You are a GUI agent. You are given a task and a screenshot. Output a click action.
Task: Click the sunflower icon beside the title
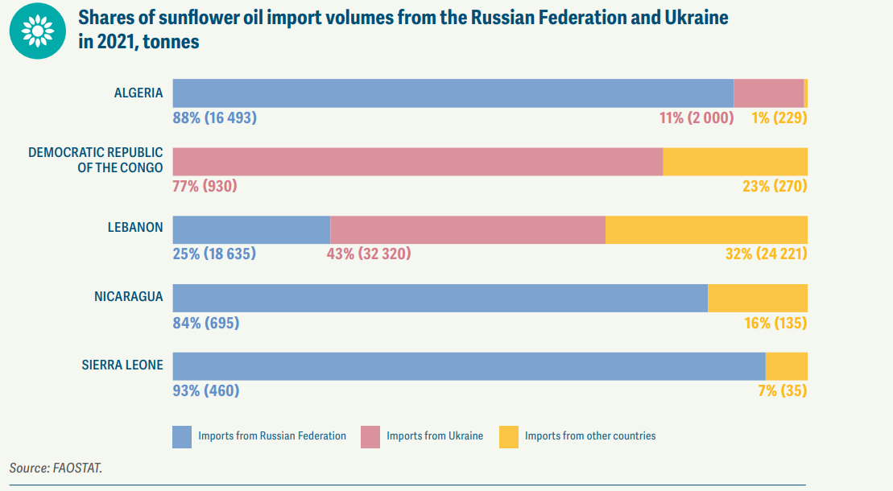point(37,31)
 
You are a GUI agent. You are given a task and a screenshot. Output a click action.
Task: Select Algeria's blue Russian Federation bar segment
point(453,93)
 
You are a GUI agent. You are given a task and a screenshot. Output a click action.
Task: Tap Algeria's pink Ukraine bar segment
point(768,93)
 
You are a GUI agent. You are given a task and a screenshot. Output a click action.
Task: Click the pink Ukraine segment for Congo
point(417,161)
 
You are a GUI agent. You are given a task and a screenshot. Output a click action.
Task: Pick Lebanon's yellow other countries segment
point(706,229)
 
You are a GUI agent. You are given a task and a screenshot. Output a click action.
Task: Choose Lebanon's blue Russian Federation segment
point(251,229)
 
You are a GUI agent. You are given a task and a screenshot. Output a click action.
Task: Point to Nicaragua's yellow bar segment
point(757,298)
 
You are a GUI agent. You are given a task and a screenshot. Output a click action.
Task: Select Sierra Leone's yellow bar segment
point(786,366)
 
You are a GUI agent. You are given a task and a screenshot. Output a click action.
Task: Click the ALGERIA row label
point(138,93)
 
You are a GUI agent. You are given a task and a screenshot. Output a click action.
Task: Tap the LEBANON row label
point(135,228)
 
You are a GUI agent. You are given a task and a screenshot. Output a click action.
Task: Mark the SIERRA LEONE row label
point(122,365)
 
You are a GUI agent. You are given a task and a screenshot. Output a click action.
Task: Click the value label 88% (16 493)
point(214,118)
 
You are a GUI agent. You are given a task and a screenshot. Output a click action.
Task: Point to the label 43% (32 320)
point(368,254)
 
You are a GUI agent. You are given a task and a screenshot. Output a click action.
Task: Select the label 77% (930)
point(205,186)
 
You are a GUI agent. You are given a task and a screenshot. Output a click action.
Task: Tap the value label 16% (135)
point(775,324)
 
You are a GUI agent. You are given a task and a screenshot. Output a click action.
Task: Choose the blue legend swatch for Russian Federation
point(183,436)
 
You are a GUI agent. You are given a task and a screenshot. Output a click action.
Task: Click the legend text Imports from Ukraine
point(435,436)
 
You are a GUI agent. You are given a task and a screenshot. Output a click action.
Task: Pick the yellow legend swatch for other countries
point(508,436)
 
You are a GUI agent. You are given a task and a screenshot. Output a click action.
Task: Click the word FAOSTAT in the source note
point(77,467)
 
